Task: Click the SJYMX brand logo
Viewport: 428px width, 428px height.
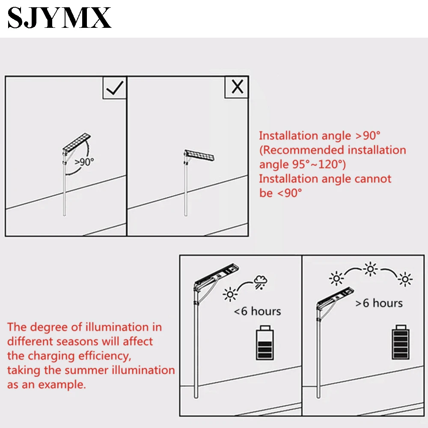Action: tap(59, 18)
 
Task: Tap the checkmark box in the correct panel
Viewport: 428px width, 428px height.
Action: tap(114, 88)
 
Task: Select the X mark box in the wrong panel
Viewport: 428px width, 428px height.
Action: tap(237, 87)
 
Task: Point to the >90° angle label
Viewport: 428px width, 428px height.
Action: tap(84, 162)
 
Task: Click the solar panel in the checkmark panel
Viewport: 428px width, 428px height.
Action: tap(77, 143)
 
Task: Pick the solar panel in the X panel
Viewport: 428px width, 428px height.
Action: tap(199, 155)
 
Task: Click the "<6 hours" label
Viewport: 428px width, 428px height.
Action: tap(257, 311)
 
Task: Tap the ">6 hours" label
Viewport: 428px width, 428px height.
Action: tap(379, 303)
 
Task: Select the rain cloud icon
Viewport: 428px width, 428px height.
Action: tap(260, 282)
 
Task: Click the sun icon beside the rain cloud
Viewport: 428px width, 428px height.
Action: tap(230, 294)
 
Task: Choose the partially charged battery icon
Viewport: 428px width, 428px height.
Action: tap(265, 342)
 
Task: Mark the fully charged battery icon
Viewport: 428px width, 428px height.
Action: tap(401, 342)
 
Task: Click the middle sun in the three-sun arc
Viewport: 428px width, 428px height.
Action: tap(370, 269)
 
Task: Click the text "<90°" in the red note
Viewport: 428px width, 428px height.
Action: tap(289, 193)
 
